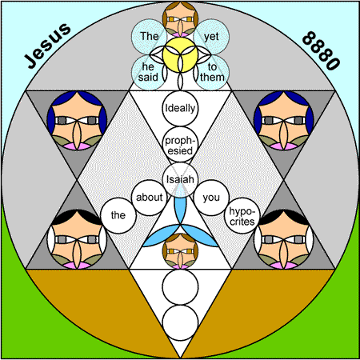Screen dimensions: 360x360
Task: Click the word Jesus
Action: pyautogui.click(x=47, y=46)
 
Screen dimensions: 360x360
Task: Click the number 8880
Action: pyautogui.click(x=322, y=50)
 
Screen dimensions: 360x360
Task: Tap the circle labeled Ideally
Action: pyautogui.click(x=180, y=108)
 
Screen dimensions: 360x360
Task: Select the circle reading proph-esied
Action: pyautogui.click(x=180, y=144)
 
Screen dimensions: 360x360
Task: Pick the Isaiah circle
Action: pyautogui.click(x=180, y=180)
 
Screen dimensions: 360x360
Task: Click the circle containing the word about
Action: pyautogui.click(x=150, y=198)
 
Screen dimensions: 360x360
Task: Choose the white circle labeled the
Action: pyautogui.click(x=118, y=215)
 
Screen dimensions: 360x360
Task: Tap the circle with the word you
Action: pyautogui.click(x=211, y=198)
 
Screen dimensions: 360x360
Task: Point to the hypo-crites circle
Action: pyautogui.click(x=242, y=215)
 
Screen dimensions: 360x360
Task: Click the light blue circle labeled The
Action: pyautogui.click(x=150, y=37)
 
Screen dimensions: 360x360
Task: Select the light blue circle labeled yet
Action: pyautogui.click(x=211, y=37)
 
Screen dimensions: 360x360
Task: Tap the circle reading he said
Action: pyautogui.click(x=148, y=73)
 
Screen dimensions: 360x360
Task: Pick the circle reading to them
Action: pyautogui.click(x=212, y=73)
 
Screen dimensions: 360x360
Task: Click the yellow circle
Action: pyautogui.click(x=180, y=54)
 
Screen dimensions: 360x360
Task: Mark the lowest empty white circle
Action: pyautogui.click(x=180, y=322)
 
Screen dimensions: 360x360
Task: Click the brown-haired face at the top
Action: pyautogui.click(x=180, y=19)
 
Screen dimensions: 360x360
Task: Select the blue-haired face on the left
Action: pyautogui.click(x=77, y=120)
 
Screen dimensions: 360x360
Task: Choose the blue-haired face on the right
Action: pyautogui.click(x=284, y=120)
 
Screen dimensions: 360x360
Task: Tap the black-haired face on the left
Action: pyautogui.click(x=77, y=239)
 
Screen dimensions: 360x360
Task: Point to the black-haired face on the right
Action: pyautogui.click(x=284, y=239)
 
